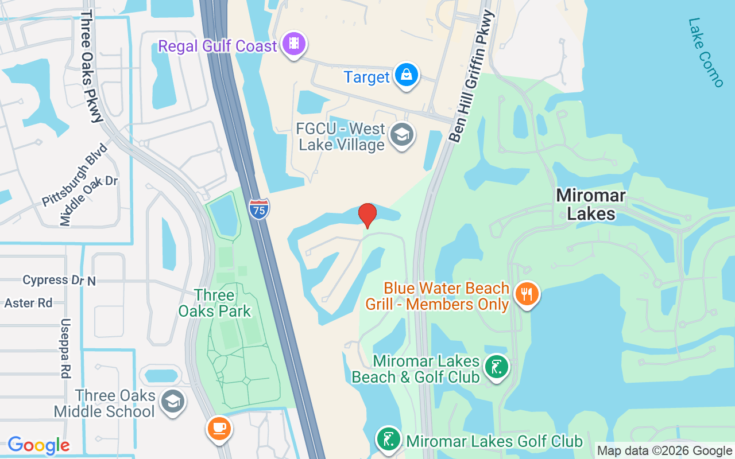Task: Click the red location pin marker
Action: point(367,215)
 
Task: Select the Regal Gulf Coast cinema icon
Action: point(295,44)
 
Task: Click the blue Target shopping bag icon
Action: point(407,75)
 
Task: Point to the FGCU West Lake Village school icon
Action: point(401,135)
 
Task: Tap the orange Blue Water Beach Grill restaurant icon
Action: point(526,294)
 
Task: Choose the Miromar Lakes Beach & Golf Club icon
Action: point(496,367)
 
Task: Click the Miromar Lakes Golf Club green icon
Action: point(389,439)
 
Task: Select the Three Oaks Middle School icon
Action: point(173,402)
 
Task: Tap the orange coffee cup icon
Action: point(219,428)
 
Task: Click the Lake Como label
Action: point(706,53)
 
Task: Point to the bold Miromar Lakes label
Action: point(591,205)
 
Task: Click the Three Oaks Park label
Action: point(215,304)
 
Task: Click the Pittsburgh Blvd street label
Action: point(75,175)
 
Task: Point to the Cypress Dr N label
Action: point(59,280)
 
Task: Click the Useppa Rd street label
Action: point(65,348)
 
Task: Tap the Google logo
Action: point(38,445)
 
